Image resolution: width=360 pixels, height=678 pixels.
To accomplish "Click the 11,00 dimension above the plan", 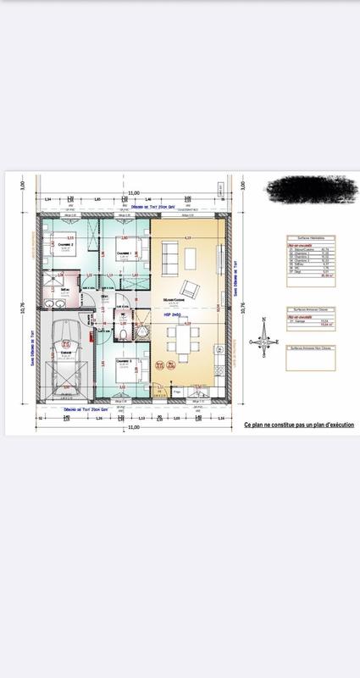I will point(134,194).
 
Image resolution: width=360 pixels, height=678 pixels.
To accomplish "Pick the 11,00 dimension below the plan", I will point(134,427).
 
